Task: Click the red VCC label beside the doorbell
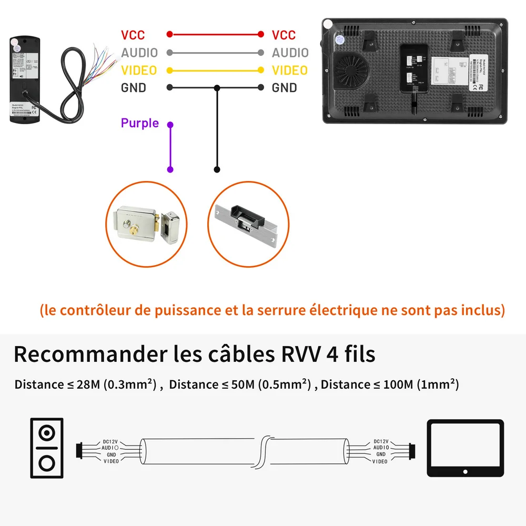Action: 133,35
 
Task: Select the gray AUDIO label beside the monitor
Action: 290,53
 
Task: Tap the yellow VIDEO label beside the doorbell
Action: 139,70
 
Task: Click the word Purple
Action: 139,123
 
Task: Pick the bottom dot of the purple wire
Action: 170,169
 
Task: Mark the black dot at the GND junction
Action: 217,88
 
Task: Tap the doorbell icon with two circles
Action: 47,448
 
